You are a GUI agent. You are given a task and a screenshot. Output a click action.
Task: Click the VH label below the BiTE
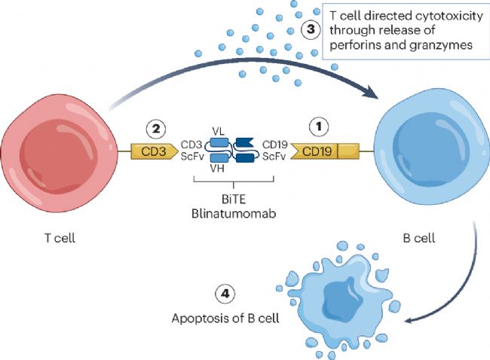[x=219, y=169]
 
